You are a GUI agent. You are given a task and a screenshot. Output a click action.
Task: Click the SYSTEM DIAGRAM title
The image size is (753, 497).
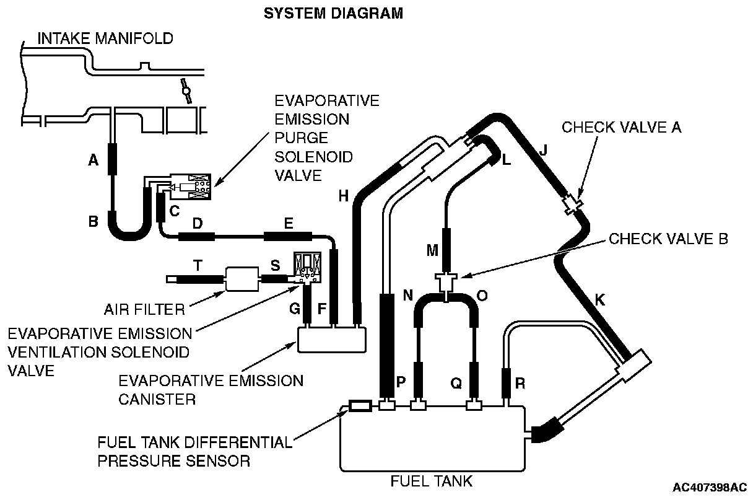(x=333, y=13)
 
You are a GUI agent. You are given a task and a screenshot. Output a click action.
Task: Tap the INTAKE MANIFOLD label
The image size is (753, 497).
(x=105, y=38)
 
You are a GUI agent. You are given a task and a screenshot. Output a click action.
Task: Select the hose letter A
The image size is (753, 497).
(x=94, y=161)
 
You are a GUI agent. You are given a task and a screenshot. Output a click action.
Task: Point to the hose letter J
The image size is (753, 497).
(x=544, y=151)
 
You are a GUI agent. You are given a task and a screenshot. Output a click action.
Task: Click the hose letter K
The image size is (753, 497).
(x=600, y=300)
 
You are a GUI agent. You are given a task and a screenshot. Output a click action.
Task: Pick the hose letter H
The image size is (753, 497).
(x=343, y=196)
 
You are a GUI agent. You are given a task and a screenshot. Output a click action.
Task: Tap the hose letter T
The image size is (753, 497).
(x=198, y=265)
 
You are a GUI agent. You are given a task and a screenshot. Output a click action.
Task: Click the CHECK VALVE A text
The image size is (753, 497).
(x=621, y=127)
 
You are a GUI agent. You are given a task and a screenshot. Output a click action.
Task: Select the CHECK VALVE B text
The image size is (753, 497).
(x=668, y=239)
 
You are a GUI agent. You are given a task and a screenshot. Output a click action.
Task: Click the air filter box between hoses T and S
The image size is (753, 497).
(x=242, y=278)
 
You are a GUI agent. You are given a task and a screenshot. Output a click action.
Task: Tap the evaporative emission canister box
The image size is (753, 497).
(x=332, y=339)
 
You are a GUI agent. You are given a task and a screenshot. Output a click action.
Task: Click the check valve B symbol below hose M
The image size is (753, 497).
(x=446, y=284)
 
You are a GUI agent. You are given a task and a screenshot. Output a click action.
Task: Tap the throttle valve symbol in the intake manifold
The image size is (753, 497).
(x=185, y=91)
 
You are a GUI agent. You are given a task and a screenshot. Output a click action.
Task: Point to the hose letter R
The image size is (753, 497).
(x=520, y=384)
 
